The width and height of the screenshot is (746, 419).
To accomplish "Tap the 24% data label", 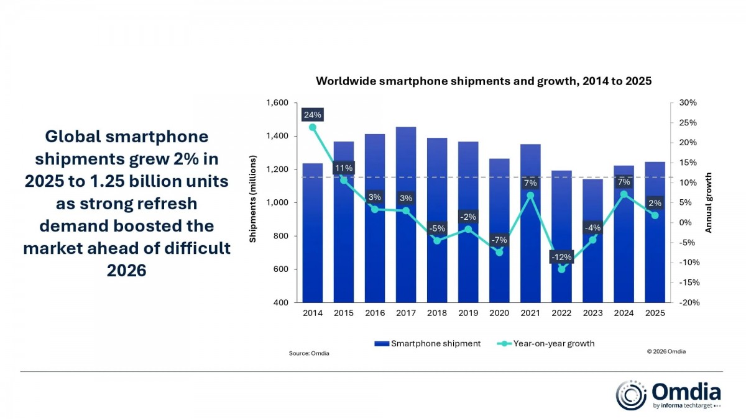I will click(312, 115).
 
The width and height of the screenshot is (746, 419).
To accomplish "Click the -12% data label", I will click(561, 257).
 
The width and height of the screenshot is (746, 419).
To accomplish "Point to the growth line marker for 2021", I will click(530, 196).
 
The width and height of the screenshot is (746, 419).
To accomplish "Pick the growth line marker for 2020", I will click(499, 252).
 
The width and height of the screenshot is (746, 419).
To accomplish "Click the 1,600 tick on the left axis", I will click(277, 103).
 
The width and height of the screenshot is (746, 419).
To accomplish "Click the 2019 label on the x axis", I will click(468, 313).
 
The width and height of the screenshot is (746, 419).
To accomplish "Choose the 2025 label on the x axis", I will click(655, 313).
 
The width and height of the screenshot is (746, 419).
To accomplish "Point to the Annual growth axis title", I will click(708, 202).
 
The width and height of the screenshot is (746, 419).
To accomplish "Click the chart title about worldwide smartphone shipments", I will click(483, 81).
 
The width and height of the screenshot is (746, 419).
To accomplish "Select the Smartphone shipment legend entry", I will click(429, 343).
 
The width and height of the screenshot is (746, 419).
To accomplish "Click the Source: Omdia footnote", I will click(309, 353).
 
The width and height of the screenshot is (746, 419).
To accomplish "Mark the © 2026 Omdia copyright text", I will click(666, 351).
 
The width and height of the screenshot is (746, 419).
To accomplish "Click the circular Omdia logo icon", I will click(631, 395).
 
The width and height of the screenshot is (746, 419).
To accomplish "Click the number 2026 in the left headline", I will click(126, 271).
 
